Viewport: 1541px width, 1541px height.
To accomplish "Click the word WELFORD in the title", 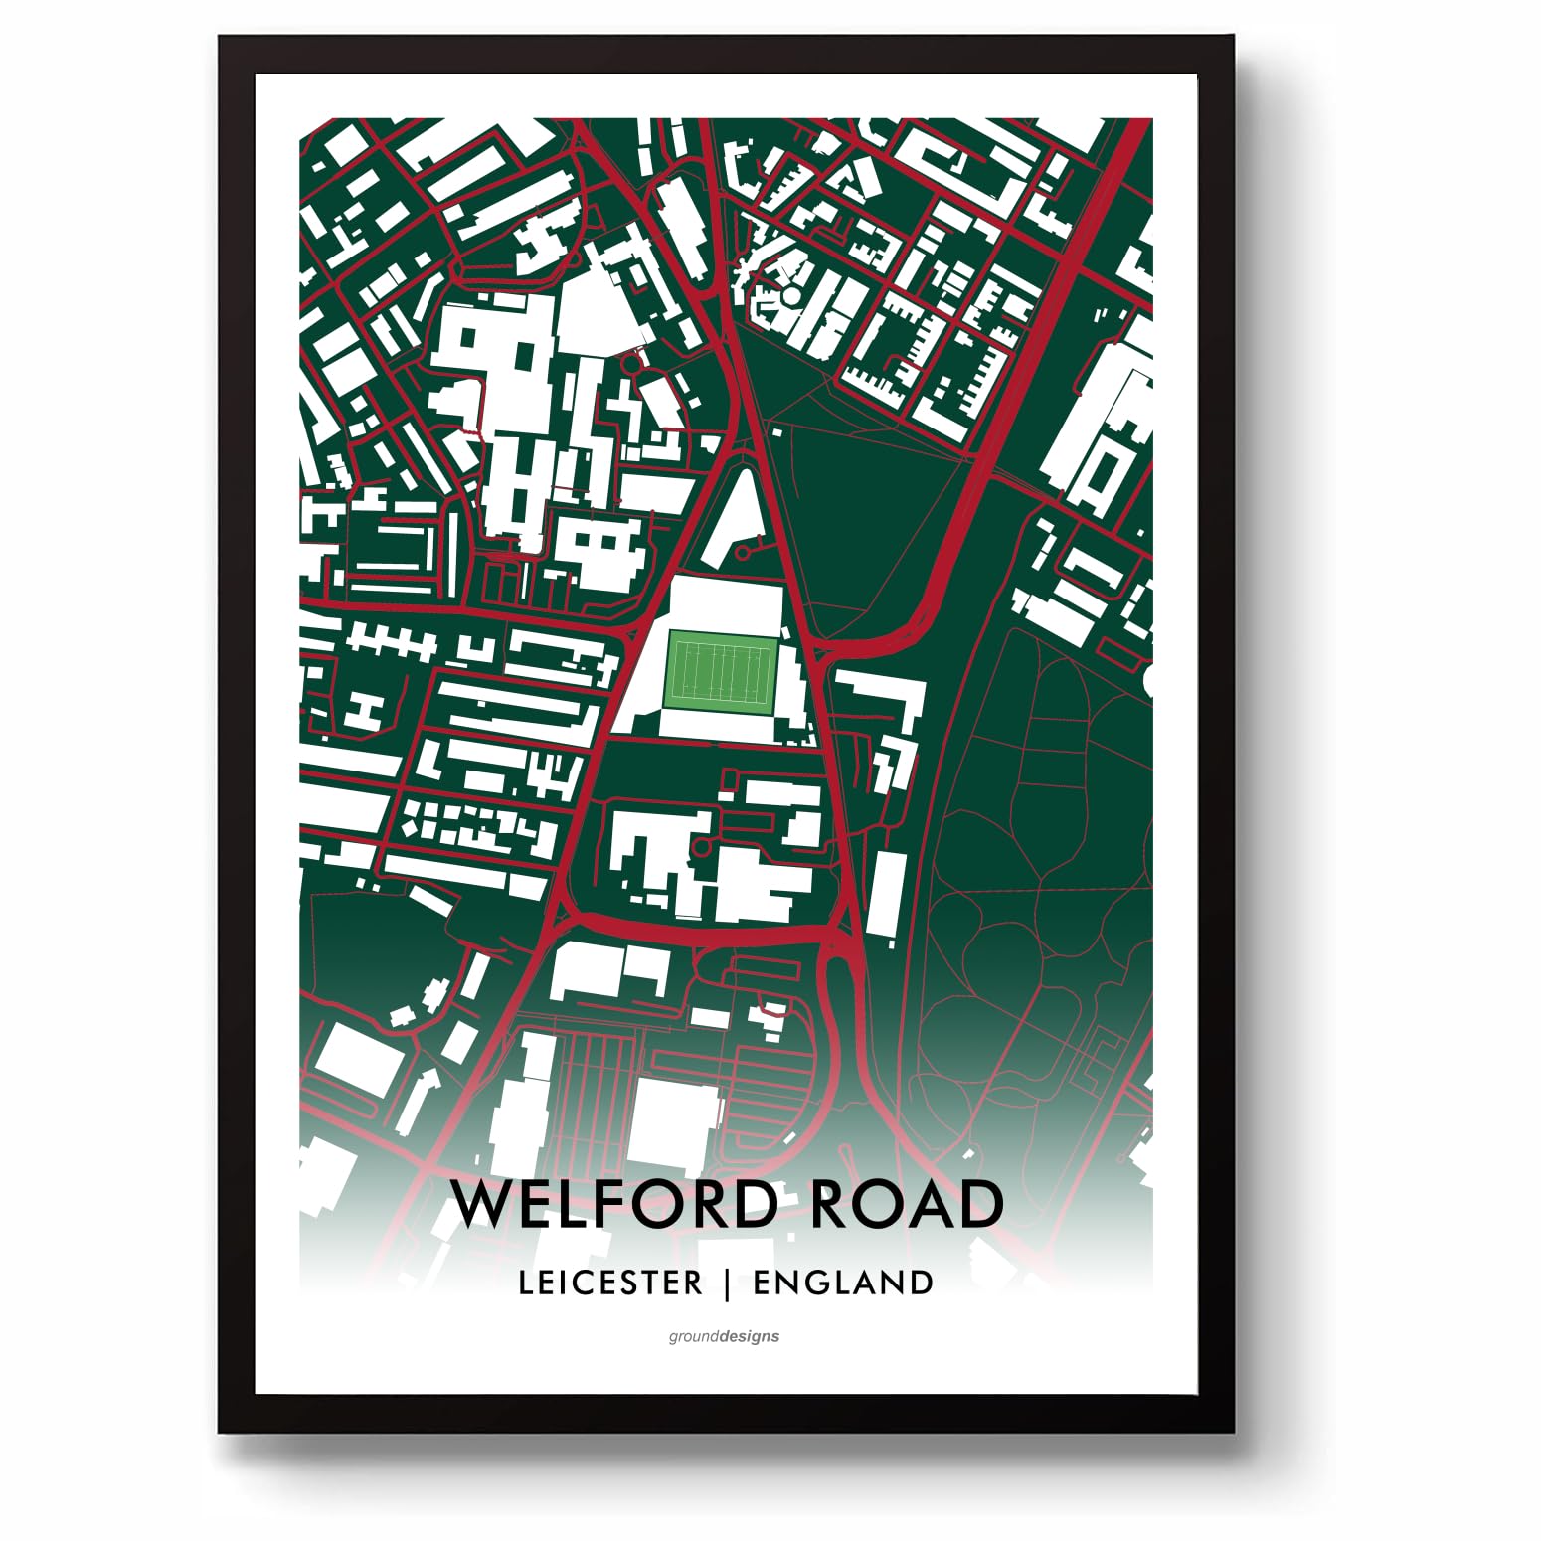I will (x=614, y=1204).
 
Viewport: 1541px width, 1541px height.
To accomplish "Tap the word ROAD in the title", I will (x=907, y=1204).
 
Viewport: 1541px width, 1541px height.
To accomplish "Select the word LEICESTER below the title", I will (x=610, y=1283).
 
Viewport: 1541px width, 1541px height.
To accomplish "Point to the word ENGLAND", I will (x=843, y=1283).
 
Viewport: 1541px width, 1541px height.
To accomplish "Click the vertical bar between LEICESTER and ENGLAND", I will (x=729, y=1283).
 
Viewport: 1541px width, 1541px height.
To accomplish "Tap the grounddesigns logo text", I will (x=724, y=1336).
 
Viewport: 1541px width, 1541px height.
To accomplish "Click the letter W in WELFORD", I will (x=484, y=1204).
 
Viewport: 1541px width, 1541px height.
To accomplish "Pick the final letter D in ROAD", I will (x=979, y=1204).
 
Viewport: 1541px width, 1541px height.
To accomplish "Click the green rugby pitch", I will (x=722, y=672).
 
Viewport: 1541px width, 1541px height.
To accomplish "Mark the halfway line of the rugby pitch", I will (x=722, y=672).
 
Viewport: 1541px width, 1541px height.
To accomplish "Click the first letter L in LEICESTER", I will (x=525, y=1283).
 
